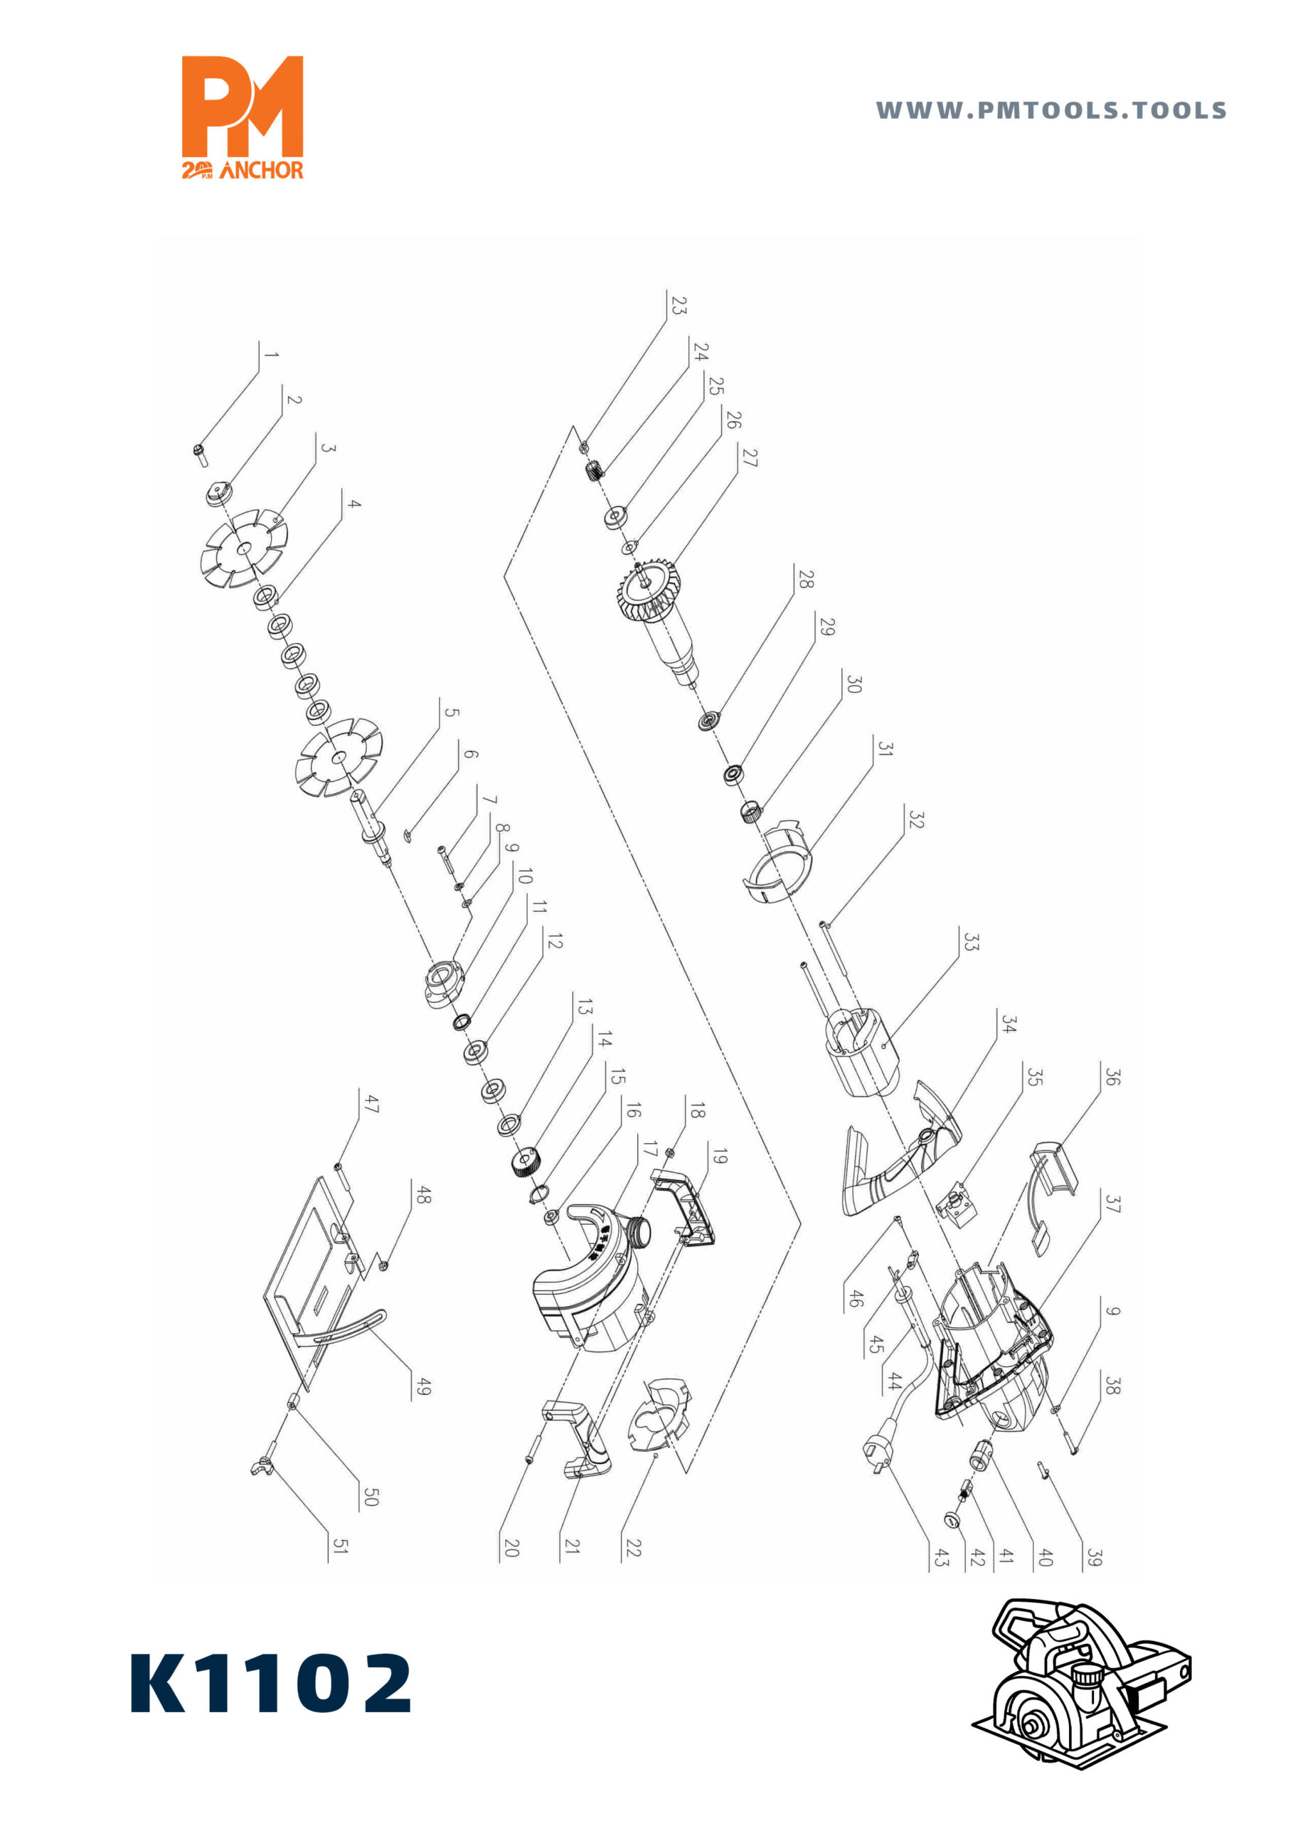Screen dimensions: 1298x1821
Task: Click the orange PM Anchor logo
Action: click(x=243, y=117)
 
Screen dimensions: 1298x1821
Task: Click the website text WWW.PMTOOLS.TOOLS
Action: click(x=1051, y=110)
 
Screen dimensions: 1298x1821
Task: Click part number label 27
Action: click(x=749, y=457)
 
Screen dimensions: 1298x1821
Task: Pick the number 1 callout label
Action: click(x=271, y=355)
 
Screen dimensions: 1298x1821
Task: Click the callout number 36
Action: click(x=1112, y=1077)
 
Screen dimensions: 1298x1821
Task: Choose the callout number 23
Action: click(x=678, y=305)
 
